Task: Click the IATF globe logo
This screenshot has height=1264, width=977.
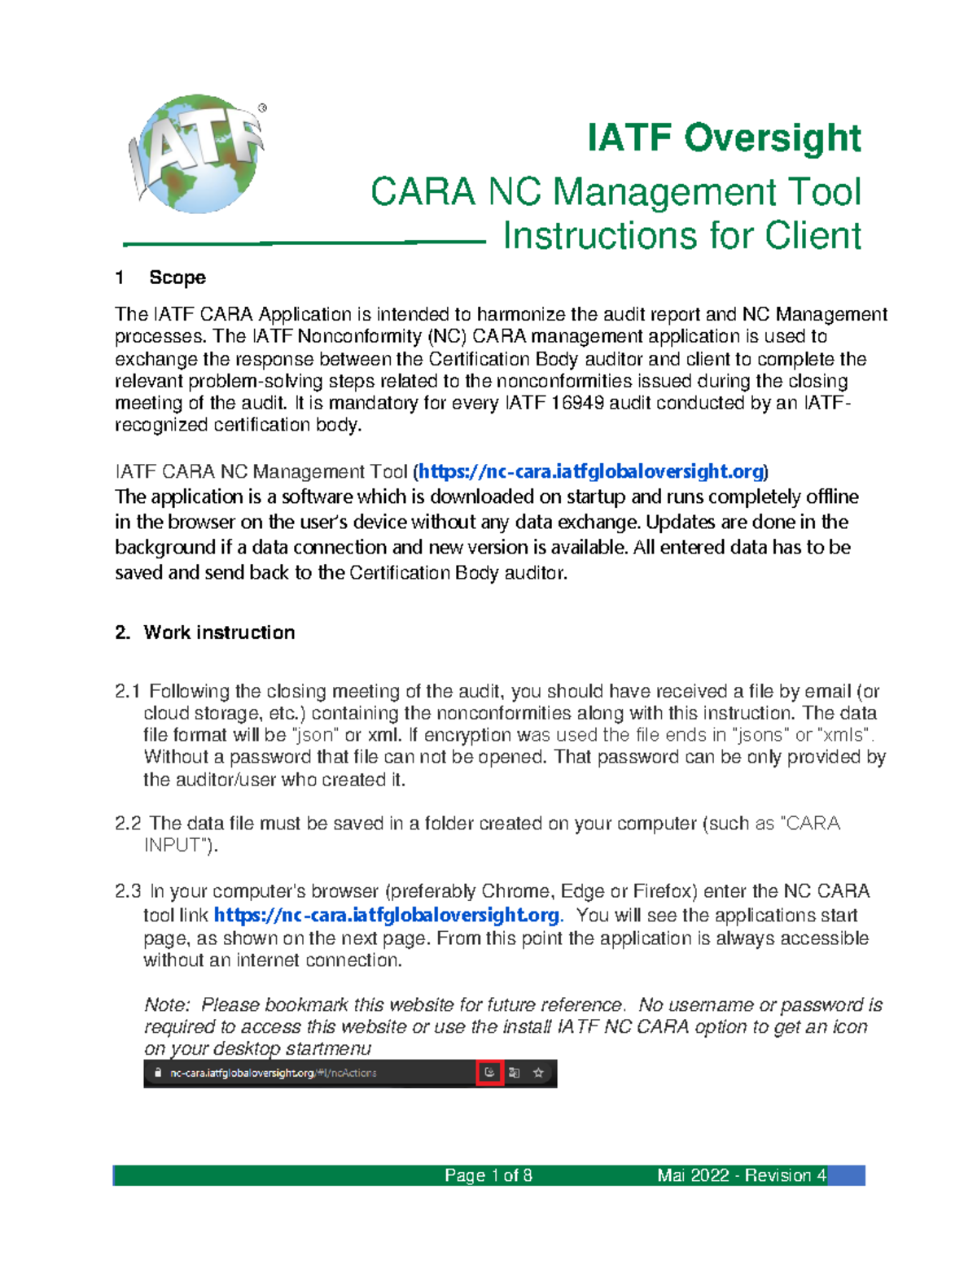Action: pyautogui.click(x=198, y=154)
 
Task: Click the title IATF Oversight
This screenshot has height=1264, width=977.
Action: pyautogui.click(x=724, y=138)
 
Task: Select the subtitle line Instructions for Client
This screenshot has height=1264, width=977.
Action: pyautogui.click(x=681, y=236)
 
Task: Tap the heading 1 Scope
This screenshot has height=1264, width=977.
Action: pyautogui.click(x=160, y=278)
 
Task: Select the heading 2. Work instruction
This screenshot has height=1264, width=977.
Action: pyautogui.click(x=205, y=632)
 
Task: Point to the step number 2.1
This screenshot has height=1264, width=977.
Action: pyautogui.click(x=127, y=692)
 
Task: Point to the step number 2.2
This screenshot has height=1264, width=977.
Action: pyautogui.click(x=127, y=824)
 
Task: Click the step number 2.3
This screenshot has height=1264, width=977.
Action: pyautogui.click(x=127, y=891)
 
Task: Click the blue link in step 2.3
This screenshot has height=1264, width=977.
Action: pyautogui.click(x=386, y=916)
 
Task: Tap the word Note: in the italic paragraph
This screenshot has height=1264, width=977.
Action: pyautogui.click(x=167, y=1005)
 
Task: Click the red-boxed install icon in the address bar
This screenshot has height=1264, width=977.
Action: pyautogui.click(x=489, y=1073)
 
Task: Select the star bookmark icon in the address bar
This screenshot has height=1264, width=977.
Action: pyautogui.click(x=538, y=1073)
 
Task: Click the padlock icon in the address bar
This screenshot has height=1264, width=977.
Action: pyautogui.click(x=158, y=1073)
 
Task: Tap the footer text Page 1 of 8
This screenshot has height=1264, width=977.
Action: pyautogui.click(x=488, y=1175)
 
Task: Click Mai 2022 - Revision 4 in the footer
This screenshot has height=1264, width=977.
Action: pyautogui.click(x=742, y=1175)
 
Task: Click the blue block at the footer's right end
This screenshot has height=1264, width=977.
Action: pyautogui.click(x=847, y=1175)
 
